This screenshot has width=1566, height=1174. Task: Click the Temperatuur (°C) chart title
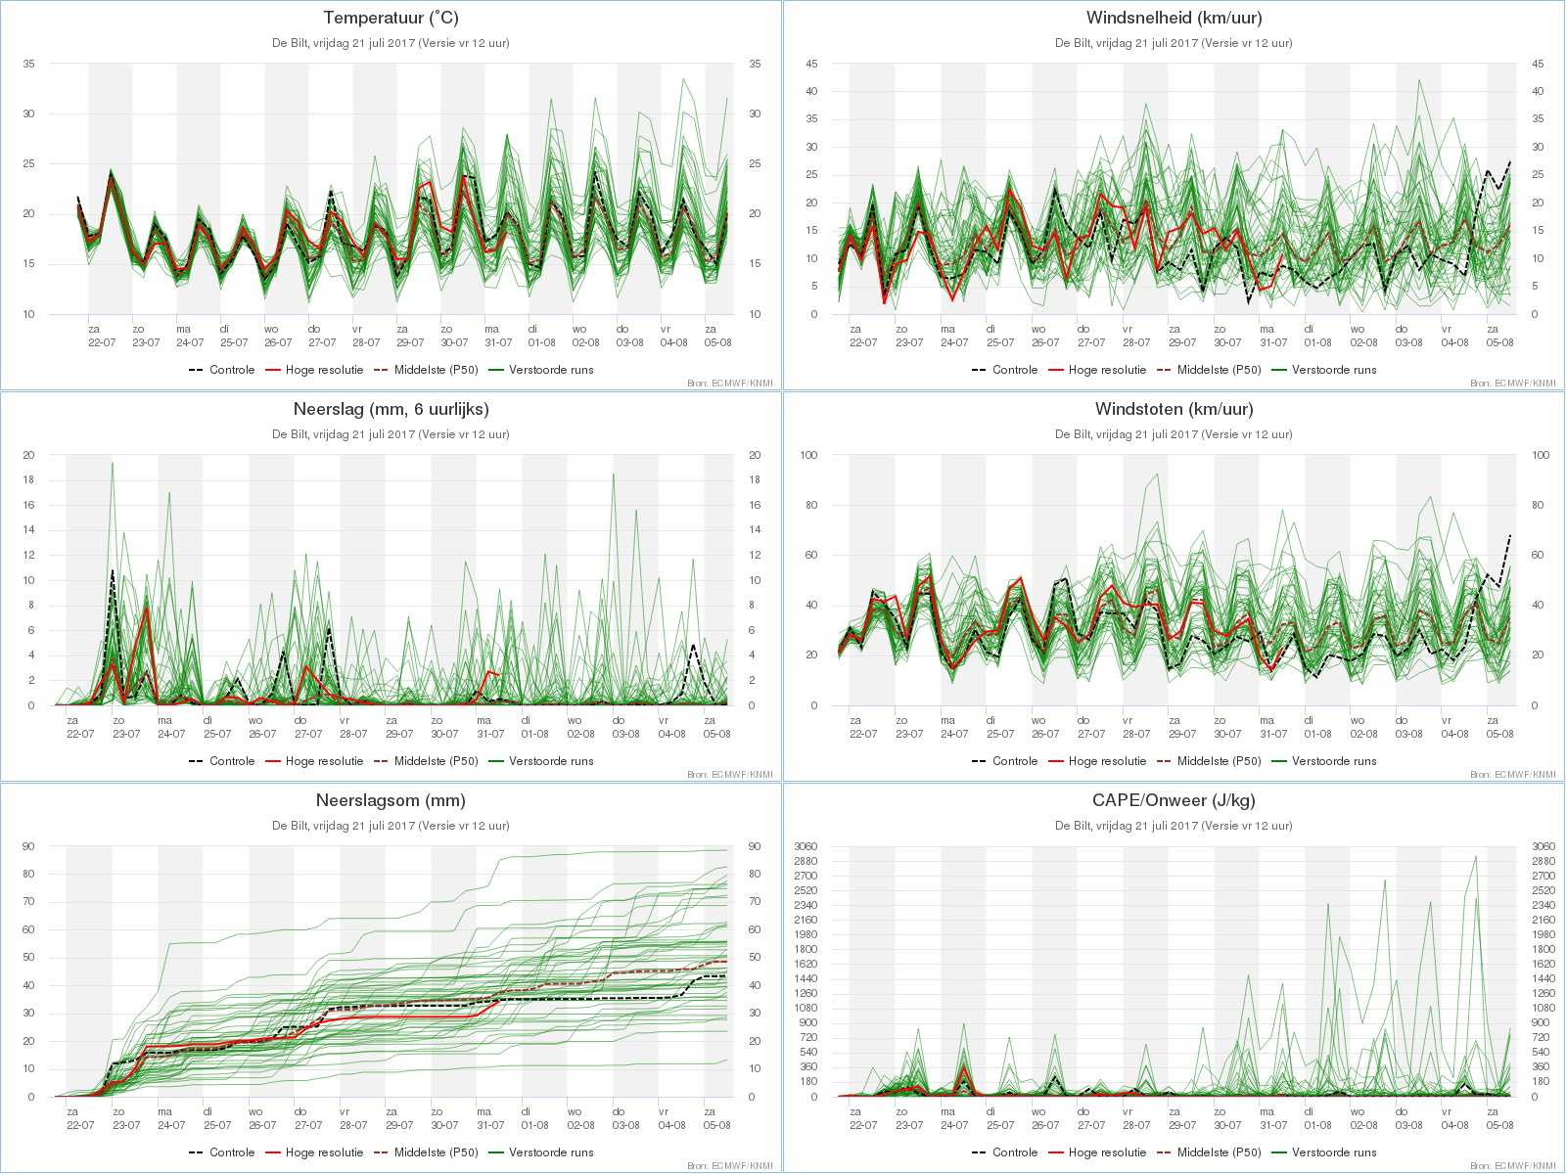(x=391, y=18)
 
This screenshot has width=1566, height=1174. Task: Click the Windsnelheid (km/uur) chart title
(x=1174, y=18)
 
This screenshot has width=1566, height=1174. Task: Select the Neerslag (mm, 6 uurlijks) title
(x=391, y=409)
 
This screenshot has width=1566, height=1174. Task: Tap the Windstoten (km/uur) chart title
(x=1174, y=409)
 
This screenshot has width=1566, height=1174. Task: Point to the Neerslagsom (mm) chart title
(x=391, y=800)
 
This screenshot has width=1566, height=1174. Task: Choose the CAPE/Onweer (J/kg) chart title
(x=1174, y=800)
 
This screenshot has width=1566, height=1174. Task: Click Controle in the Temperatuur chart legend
(x=232, y=370)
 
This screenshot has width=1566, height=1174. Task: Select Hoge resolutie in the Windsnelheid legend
(x=1107, y=370)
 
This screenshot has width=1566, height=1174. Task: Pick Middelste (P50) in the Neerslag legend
(x=436, y=761)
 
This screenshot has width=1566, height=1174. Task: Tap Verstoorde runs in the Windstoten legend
(x=1334, y=761)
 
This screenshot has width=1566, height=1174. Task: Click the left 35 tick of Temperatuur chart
(x=28, y=64)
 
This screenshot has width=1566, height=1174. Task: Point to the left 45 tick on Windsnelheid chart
(x=811, y=64)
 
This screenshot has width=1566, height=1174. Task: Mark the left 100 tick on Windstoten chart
(x=808, y=455)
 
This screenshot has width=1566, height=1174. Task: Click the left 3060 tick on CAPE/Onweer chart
(x=806, y=846)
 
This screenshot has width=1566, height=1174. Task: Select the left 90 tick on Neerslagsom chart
(x=28, y=846)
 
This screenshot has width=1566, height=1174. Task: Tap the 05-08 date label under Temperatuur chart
(x=717, y=342)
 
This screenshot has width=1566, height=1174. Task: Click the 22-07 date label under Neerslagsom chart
(x=80, y=1125)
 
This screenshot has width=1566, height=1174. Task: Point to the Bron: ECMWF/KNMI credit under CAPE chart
(x=1512, y=1165)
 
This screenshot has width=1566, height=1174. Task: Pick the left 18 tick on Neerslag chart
(x=28, y=479)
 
